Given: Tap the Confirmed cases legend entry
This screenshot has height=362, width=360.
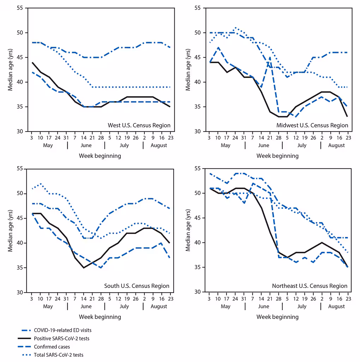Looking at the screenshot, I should tap(52, 347).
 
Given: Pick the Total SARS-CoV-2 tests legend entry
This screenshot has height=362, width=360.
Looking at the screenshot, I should tap(59, 355).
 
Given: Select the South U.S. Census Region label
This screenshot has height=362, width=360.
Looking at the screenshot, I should tap(137, 286).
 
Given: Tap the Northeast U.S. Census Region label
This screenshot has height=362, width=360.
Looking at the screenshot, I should tap(310, 286).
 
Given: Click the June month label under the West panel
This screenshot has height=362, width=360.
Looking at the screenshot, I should tap(86, 145).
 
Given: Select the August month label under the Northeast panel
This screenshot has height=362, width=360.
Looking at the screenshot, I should tap(336, 306).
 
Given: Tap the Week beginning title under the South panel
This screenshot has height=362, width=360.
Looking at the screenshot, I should tap(100, 317).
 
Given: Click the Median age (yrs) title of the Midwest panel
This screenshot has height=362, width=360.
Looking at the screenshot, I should tap(188, 70).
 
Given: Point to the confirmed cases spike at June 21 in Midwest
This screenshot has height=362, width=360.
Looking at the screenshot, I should tap(270, 57).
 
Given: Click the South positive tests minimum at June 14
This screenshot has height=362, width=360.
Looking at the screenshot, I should tap(84, 268).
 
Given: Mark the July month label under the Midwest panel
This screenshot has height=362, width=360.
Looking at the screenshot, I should tap(301, 145).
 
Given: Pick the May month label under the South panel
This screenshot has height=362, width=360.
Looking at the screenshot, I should tap(48, 306).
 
